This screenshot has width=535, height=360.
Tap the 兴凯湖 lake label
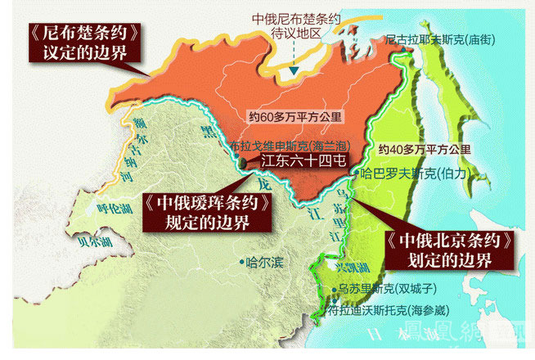335,269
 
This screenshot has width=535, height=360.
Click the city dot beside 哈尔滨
246,263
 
